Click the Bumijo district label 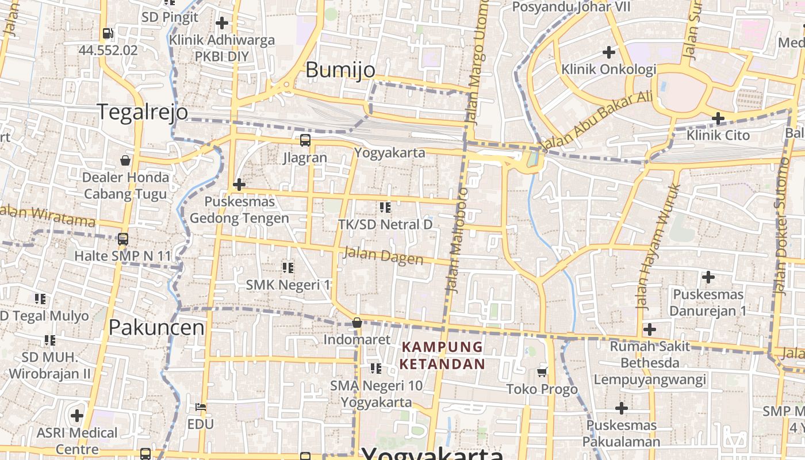click(340, 70)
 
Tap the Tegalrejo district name click(142, 112)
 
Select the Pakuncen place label click(156, 327)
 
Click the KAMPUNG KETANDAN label click(442, 355)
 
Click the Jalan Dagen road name click(383, 256)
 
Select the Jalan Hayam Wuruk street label click(658, 246)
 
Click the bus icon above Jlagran click(305, 140)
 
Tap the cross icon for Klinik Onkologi click(608, 52)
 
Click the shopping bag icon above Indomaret click(357, 323)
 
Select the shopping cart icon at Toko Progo click(542, 372)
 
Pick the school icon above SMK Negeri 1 click(288, 267)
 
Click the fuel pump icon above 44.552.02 click(108, 33)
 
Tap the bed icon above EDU click(200, 407)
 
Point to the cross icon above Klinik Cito click(718, 118)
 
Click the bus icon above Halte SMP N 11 click(122, 239)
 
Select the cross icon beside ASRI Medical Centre click(77, 415)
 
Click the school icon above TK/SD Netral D click(385, 207)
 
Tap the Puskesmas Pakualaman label click(621, 434)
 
